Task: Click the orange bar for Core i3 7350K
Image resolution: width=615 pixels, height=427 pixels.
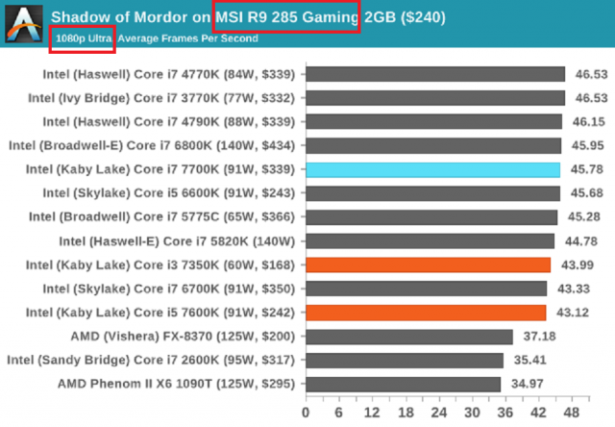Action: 428,264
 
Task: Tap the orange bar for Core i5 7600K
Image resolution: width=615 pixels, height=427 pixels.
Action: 426,313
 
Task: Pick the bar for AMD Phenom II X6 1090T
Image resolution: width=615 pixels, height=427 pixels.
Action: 403,384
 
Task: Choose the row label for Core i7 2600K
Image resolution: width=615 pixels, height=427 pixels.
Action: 153,361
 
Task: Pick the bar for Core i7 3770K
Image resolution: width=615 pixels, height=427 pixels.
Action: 435,98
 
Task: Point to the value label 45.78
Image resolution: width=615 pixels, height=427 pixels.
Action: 588,169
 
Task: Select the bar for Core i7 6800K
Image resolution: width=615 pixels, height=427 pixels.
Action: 433,145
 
